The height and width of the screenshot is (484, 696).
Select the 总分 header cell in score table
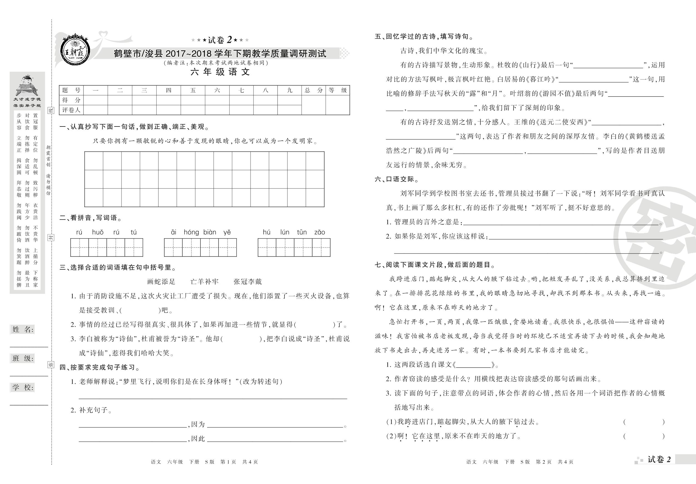point(313,90)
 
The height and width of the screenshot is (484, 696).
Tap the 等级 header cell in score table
point(337,90)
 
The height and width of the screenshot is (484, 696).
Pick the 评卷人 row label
point(71,110)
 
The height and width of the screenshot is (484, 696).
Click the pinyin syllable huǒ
point(98,232)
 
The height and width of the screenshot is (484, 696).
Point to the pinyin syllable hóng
point(191,232)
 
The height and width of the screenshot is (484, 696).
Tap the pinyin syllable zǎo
point(319,232)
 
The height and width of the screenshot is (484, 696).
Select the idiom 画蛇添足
point(161,282)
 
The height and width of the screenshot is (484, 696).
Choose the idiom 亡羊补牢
point(204,282)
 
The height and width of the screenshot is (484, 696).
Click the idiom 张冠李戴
point(247,282)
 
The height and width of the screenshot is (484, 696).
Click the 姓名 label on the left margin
point(23,329)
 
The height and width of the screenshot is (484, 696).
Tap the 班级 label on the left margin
point(23,359)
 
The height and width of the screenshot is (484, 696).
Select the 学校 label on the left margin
point(23,387)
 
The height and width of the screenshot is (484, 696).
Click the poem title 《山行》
point(524,65)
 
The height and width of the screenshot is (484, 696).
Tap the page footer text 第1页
point(228,462)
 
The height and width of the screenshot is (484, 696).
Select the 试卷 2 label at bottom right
point(659,460)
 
